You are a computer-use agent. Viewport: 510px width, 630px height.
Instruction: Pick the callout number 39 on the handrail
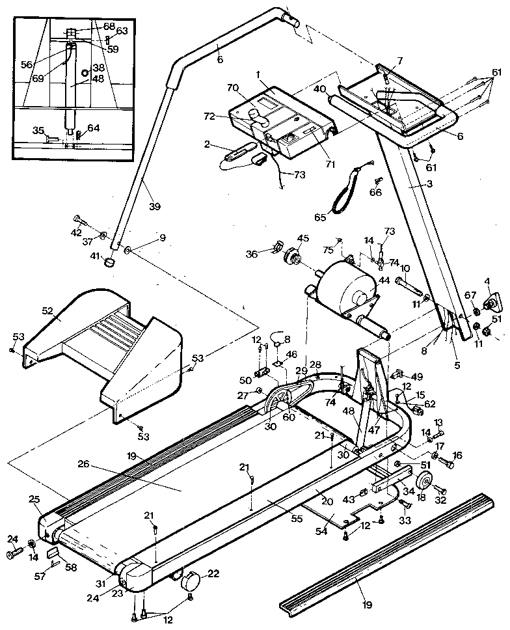coord(154,206)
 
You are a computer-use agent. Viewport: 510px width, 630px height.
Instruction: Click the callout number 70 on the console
coord(232,87)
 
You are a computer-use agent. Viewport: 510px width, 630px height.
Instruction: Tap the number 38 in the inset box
coord(98,67)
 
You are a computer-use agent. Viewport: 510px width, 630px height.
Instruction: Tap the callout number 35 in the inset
coord(38,130)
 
